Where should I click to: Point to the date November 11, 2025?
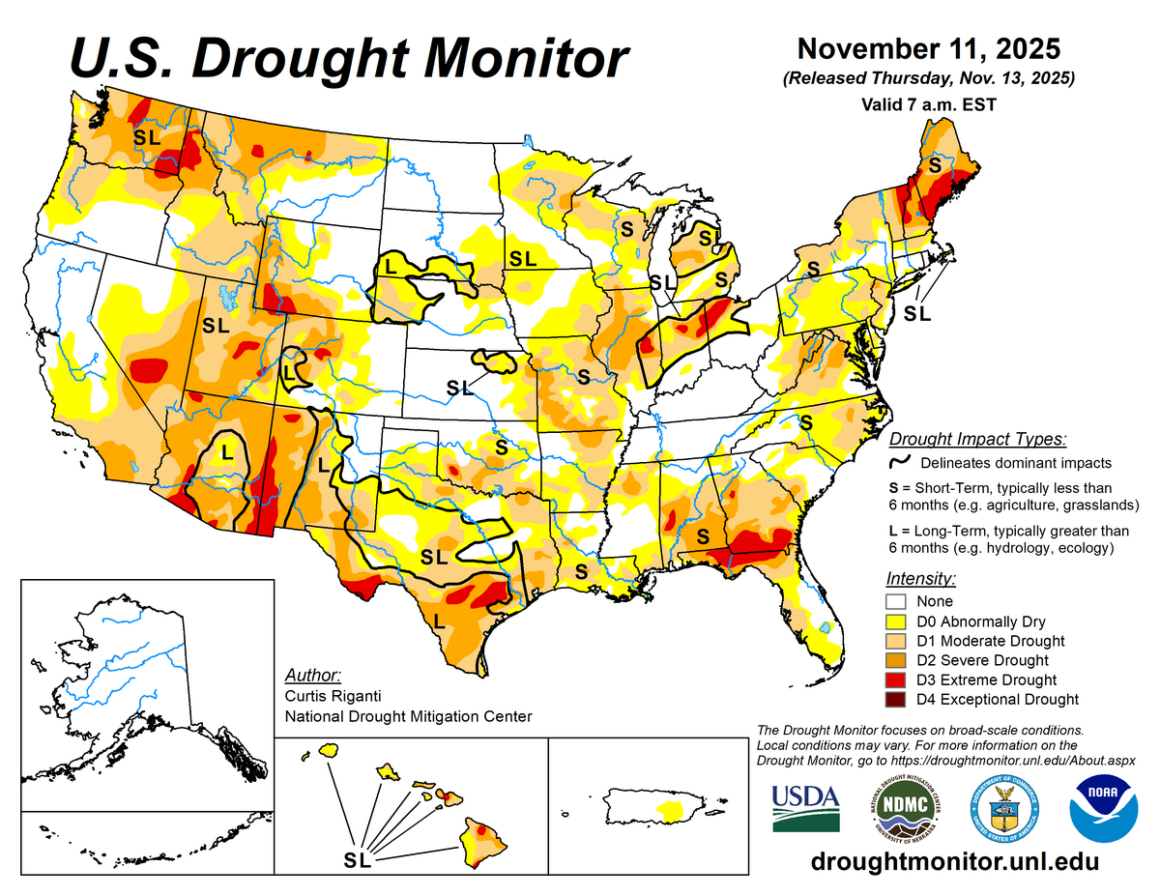click(929, 48)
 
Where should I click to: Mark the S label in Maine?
click(935, 165)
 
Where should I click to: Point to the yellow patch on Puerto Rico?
click(667, 804)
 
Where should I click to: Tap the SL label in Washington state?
click(146, 137)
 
